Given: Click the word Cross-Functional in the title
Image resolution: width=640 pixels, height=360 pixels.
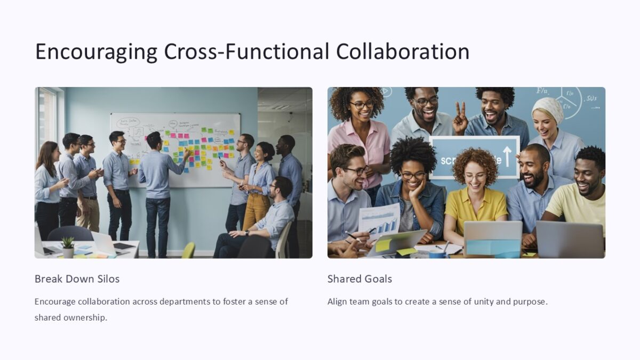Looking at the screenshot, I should point(246,52).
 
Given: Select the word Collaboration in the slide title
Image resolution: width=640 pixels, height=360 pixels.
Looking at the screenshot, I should point(403,52).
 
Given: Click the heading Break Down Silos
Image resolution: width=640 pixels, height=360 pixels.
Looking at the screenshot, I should point(77,279).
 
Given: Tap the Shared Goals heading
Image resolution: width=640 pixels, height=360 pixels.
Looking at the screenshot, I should point(359,279).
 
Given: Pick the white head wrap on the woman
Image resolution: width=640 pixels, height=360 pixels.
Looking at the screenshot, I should point(548,108).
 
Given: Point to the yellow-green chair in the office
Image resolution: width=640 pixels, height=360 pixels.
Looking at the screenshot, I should point(188,250).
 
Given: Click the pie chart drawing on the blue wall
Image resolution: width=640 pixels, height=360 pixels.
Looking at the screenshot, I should point(569,102).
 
